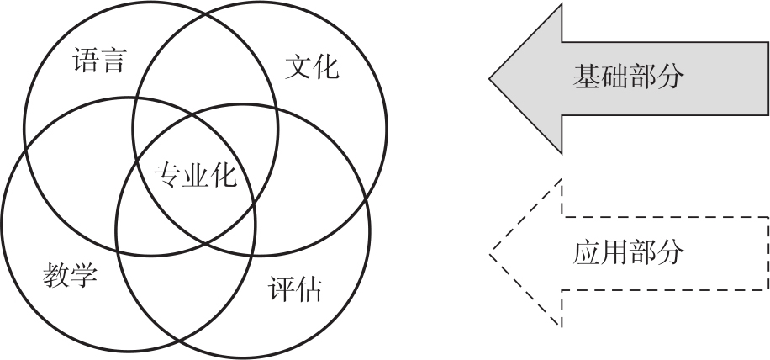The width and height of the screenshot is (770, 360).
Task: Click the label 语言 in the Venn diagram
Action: (x=99, y=61)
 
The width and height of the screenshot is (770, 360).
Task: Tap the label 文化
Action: (x=312, y=67)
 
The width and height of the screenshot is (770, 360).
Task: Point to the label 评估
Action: (x=294, y=289)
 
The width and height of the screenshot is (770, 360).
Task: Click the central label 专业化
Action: (x=196, y=176)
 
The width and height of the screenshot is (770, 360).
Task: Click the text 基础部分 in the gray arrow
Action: (x=628, y=77)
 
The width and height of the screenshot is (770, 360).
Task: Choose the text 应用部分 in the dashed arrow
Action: (x=628, y=251)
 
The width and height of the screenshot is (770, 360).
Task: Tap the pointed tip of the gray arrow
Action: (x=491, y=80)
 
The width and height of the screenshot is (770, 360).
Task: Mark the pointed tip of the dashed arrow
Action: (x=491, y=251)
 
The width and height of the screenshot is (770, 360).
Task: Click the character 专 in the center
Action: (x=168, y=176)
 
